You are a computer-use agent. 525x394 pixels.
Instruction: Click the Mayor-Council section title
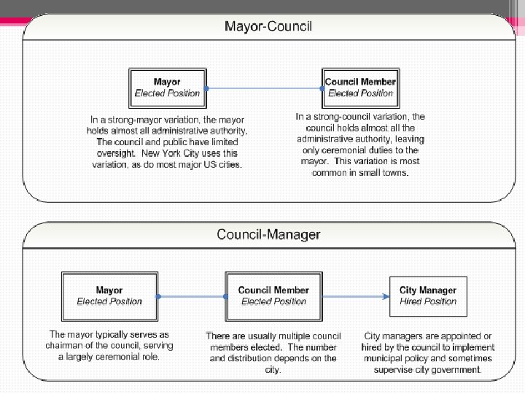268,27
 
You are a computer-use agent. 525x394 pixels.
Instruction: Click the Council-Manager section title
268,235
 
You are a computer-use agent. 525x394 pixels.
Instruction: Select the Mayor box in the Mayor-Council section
167,88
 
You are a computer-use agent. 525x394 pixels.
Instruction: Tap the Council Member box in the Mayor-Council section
360,88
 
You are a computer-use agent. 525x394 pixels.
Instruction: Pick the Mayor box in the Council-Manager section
109,295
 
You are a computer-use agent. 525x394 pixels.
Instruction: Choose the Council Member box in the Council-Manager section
273,295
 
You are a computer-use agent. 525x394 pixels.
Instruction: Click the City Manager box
428,295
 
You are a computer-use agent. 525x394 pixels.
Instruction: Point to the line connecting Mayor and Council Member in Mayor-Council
264,88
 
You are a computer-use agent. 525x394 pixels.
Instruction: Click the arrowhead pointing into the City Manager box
384,296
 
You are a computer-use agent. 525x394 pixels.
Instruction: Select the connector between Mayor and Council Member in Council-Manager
192,296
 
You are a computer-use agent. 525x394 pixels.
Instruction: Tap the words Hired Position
428,301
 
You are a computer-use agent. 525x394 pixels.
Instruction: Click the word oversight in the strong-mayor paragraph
117,153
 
